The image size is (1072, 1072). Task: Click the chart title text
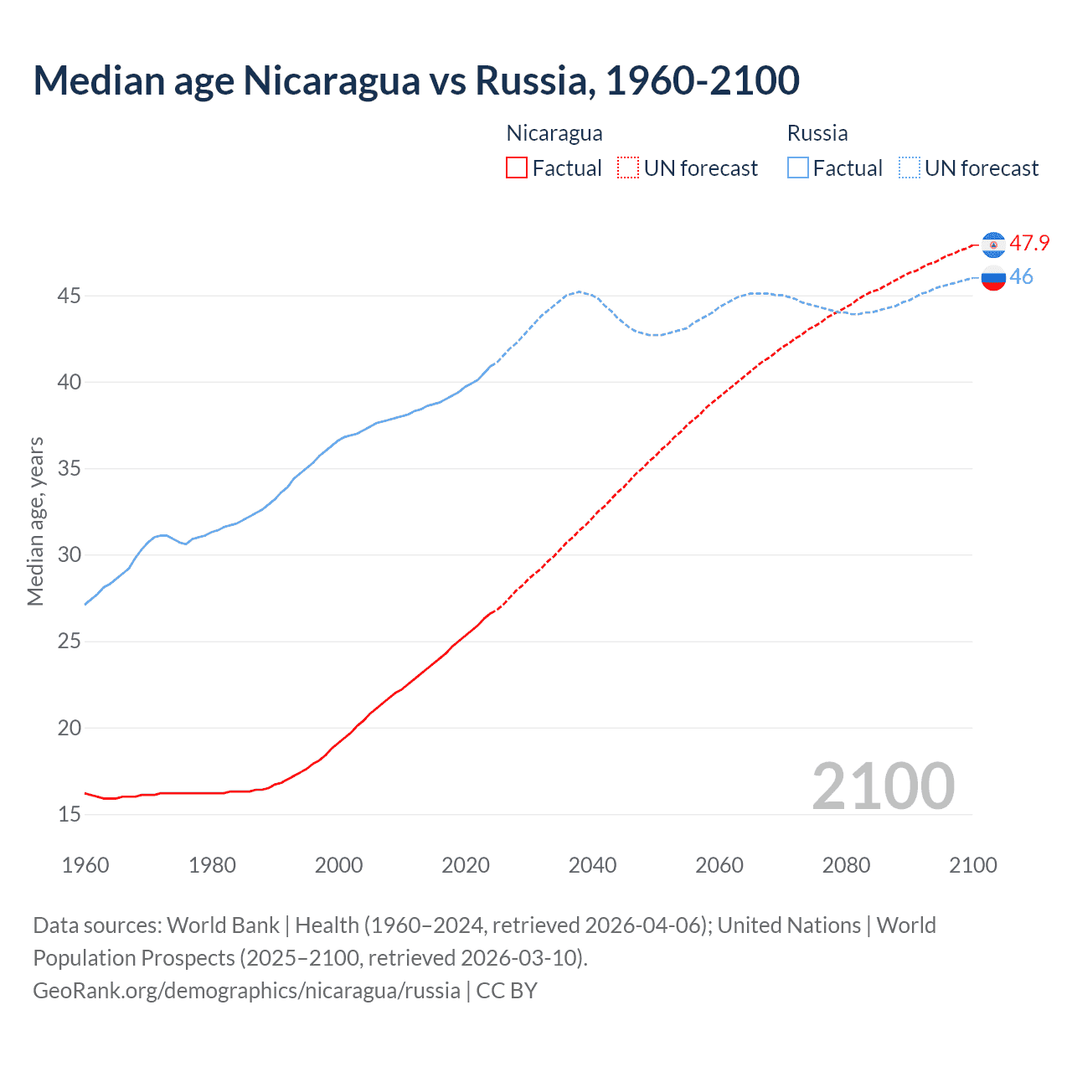click(416, 80)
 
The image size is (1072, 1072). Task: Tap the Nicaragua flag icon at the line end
click(993, 244)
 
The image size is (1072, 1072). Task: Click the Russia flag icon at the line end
click(993, 277)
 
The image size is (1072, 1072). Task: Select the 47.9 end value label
click(1029, 244)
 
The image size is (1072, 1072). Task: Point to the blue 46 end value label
click(1021, 277)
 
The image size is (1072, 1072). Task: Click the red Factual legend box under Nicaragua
click(517, 168)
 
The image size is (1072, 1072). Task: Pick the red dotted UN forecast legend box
click(628, 168)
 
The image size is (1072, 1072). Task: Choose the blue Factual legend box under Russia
click(798, 168)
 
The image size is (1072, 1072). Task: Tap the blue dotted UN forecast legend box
click(910, 168)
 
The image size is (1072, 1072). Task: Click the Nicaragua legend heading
click(554, 133)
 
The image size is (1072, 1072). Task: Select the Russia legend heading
click(817, 133)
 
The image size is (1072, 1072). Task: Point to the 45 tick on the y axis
click(69, 296)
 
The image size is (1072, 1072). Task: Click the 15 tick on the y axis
click(69, 814)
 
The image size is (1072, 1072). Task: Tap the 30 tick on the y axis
click(69, 555)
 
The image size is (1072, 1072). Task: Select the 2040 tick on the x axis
click(592, 865)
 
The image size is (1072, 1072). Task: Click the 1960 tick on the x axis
click(85, 865)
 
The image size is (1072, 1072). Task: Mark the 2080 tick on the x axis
click(846, 865)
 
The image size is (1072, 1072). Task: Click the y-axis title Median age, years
click(35, 521)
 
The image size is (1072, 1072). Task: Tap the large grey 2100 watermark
click(883, 786)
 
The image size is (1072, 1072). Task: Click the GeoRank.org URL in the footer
click(246, 991)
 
